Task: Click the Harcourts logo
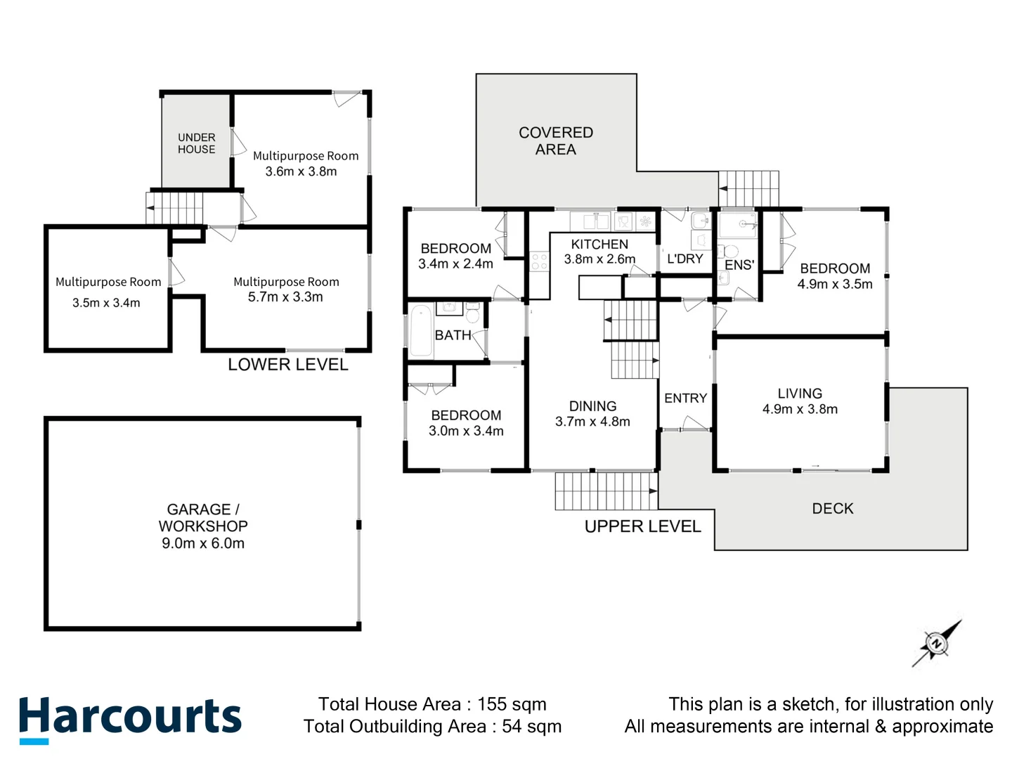(x=130, y=718)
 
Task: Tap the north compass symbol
(x=936, y=643)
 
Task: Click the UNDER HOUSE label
(x=196, y=143)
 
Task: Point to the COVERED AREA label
(x=555, y=141)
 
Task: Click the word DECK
(x=832, y=509)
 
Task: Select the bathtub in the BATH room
(x=421, y=330)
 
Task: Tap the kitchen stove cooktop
(x=539, y=262)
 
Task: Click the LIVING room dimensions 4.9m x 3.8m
(x=800, y=409)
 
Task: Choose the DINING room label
(x=592, y=406)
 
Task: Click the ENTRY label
(x=685, y=398)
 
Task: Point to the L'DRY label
(x=685, y=259)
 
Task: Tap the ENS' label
(x=739, y=265)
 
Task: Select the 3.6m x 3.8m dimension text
(x=301, y=171)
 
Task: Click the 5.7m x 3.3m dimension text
(x=285, y=297)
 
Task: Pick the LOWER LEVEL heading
(x=287, y=365)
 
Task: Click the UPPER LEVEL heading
(x=642, y=526)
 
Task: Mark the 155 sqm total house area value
(x=512, y=704)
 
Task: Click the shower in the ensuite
(x=738, y=226)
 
